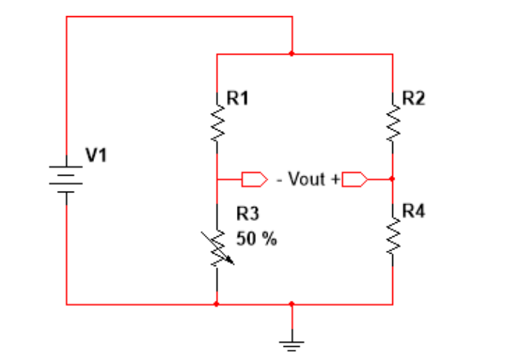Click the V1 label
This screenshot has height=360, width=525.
coord(96,154)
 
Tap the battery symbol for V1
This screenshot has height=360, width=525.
coord(66,179)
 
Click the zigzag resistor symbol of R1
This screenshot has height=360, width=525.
coord(217,125)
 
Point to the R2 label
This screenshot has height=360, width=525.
coord(413,99)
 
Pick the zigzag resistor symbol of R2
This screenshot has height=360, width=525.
coord(393,125)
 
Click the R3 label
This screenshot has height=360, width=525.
coord(248,214)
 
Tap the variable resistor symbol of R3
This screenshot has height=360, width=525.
coord(217,249)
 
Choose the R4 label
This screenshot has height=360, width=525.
coord(413,211)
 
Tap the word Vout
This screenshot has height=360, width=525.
coord(307,179)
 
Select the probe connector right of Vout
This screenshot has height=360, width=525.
coord(354,179)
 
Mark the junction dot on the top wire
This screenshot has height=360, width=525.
coord(292,54)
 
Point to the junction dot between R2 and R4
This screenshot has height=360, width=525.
coord(393,178)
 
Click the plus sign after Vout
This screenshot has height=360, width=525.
coord(336,179)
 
